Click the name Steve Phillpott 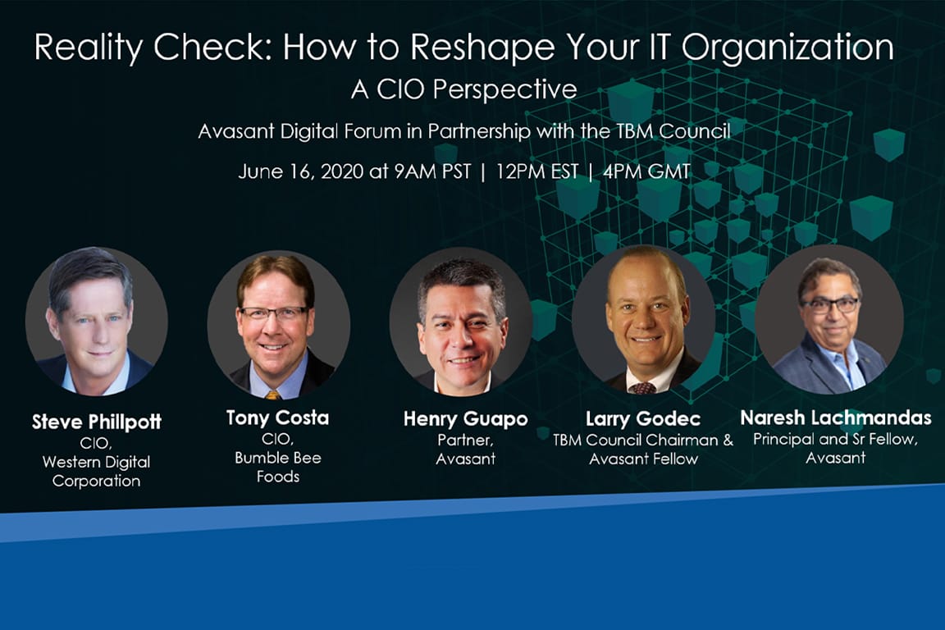(x=97, y=422)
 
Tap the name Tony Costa (x=277, y=418)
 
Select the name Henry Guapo (x=465, y=419)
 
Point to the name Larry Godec (x=642, y=420)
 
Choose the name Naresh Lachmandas (x=835, y=418)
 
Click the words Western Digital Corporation (x=97, y=472)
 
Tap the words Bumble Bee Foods (x=277, y=467)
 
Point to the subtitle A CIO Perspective (x=463, y=89)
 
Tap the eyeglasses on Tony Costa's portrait (x=275, y=313)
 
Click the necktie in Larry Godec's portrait (x=642, y=386)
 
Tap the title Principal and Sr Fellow (x=835, y=440)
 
